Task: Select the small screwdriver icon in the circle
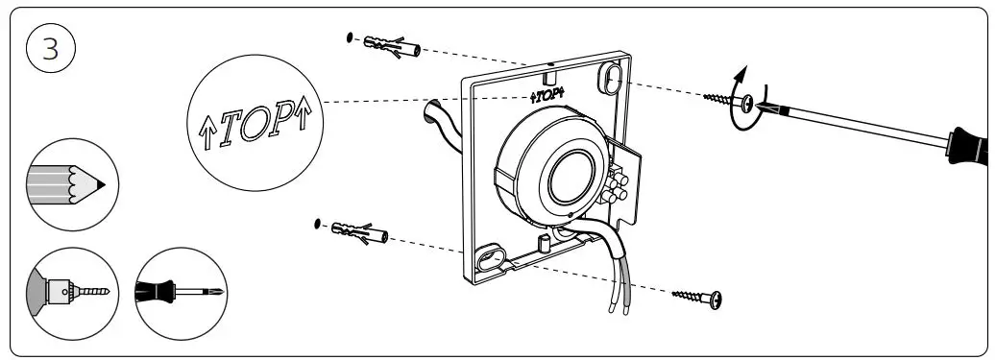click(180, 289)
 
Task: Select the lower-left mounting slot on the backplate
click(489, 260)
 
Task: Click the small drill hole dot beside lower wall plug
click(318, 225)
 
